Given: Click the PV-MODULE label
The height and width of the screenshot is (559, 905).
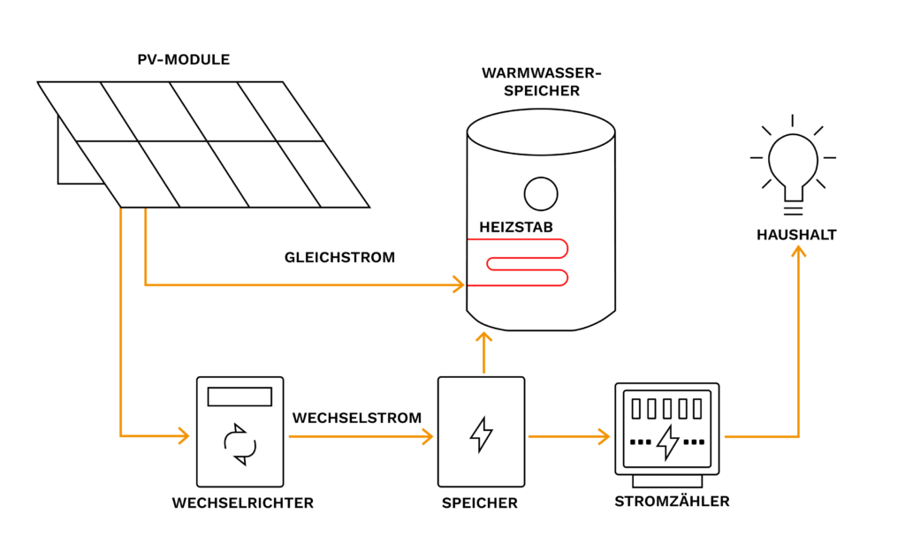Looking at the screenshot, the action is [x=184, y=59].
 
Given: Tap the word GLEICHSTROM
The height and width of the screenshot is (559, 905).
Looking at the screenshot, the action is [x=339, y=257].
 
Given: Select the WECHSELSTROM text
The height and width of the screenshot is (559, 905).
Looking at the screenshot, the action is [x=357, y=418].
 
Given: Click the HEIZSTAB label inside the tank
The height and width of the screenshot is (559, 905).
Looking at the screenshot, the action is [x=516, y=227].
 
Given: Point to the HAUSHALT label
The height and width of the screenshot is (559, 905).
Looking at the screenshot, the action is [x=796, y=235].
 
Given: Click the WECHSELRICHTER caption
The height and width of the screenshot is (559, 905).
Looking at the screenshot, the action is [x=243, y=503].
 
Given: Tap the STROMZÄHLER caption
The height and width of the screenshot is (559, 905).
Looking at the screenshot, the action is [x=672, y=501].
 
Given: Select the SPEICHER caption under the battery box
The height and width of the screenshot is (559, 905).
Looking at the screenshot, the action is [x=480, y=503].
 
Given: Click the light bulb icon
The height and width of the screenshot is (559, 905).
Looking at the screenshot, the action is [x=793, y=165].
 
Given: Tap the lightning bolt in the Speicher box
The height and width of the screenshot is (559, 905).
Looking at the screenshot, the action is [x=482, y=434].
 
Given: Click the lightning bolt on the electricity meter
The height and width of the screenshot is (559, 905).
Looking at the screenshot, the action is [x=668, y=442].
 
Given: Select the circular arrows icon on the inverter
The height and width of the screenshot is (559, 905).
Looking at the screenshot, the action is [x=240, y=444].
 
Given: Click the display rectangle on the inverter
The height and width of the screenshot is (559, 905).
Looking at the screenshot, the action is [x=240, y=397].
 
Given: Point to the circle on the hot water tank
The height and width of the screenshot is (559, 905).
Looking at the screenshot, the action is [x=541, y=193].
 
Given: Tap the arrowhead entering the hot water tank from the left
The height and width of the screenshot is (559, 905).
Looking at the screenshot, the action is [x=459, y=284].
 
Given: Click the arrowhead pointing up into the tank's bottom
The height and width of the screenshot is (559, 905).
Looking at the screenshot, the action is [x=483, y=338].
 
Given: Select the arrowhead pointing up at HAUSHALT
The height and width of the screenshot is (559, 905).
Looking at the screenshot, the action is [x=799, y=252].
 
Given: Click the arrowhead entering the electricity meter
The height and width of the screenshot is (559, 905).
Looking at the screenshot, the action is [x=605, y=437].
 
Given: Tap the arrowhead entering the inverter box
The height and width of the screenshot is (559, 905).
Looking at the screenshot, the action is [x=184, y=435].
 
